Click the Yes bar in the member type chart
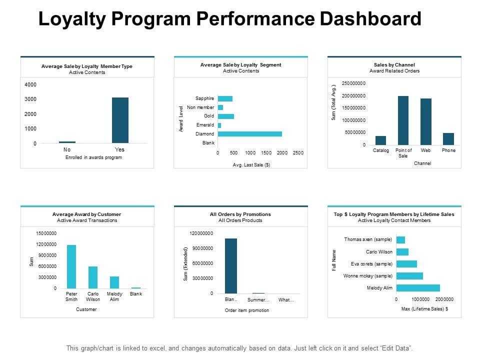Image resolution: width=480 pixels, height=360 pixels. [120, 120]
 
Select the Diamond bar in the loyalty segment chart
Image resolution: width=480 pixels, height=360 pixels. [250, 134]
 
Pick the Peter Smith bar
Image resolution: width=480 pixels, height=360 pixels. [71, 266]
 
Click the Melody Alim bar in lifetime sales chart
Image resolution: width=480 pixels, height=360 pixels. [418, 288]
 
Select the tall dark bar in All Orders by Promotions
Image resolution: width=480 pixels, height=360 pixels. [231, 265]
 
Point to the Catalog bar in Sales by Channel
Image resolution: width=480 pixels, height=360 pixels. [380, 140]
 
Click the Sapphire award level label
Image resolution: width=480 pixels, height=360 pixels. [205, 98]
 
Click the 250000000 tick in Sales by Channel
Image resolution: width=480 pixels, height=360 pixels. [353, 83]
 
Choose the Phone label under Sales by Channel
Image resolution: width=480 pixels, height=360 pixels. [448, 150]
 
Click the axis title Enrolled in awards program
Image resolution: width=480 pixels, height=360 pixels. [93, 157]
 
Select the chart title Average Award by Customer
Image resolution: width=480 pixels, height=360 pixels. [86, 214]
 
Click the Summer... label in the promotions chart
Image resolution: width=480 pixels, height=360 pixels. [258, 300]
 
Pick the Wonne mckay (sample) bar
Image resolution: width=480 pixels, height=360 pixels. [409, 276]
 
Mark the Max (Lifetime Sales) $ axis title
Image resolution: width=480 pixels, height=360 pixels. [424, 309]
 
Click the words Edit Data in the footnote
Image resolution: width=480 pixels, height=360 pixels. [396, 348]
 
